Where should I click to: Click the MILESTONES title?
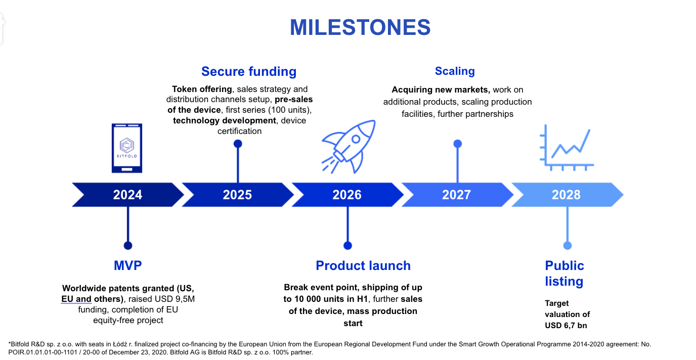(x=360, y=27)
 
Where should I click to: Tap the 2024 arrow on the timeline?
(x=127, y=195)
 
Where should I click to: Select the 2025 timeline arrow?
(x=238, y=195)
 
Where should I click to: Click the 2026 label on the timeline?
(x=347, y=195)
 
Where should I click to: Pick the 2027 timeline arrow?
(x=457, y=195)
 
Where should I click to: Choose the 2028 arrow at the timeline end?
(x=568, y=195)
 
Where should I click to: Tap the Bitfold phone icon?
(x=127, y=148)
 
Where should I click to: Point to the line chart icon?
(x=567, y=148)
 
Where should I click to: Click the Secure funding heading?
(x=249, y=71)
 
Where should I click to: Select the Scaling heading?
(x=455, y=71)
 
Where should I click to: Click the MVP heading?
(x=127, y=265)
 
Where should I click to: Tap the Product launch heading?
(x=363, y=265)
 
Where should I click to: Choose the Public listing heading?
(x=564, y=274)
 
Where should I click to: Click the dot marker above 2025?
(x=238, y=144)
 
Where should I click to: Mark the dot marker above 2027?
(x=457, y=144)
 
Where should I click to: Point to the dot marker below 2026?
(x=347, y=246)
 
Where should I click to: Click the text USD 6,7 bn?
(x=566, y=326)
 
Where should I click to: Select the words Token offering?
(x=202, y=89)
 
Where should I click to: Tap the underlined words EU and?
(x=76, y=299)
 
